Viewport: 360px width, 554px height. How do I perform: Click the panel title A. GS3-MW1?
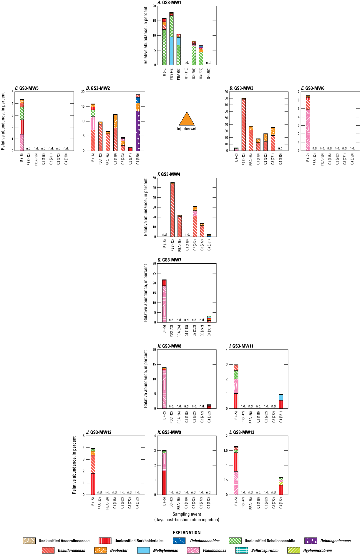(x=169, y=3)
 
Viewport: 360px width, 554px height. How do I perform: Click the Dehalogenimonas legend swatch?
(x=311, y=541)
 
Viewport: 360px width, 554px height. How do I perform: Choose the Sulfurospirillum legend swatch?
(x=242, y=550)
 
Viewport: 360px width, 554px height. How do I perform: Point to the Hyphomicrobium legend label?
(x=317, y=550)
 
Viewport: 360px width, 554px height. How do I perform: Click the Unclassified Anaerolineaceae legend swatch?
(x=29, y=541)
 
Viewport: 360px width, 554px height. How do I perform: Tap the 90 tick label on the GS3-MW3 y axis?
(x=226, y=92)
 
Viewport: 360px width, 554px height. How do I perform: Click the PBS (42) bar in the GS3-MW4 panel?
(x=172, y=209)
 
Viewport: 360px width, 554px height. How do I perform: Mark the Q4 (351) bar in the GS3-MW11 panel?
(x=281, y=401)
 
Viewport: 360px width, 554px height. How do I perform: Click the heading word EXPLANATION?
(x=187, y=533)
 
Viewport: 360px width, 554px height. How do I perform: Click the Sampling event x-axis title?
(x=187, y=514)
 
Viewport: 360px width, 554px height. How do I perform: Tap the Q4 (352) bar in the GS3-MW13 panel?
(x=281, y=486)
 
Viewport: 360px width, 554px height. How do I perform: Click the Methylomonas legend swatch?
(x=143, y=550)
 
